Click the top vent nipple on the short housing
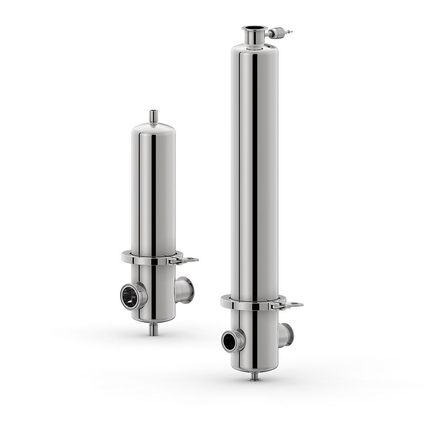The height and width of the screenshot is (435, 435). pos(153,117)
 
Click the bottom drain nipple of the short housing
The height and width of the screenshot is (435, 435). pos(153,329)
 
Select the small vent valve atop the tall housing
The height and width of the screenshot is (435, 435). pos(278,33)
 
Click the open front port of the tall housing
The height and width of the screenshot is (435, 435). pos(231,341)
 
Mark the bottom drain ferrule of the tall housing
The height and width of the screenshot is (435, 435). pos(254,378)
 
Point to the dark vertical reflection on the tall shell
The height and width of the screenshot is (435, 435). pos(254,174)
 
